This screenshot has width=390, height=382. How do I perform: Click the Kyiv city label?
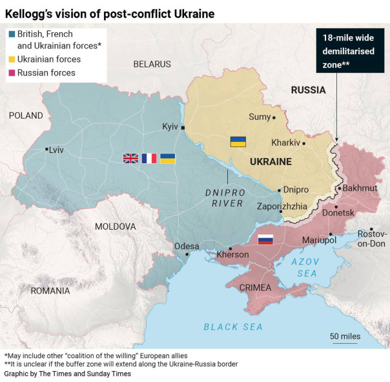coord(170,126)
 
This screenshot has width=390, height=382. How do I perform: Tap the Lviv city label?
coord(56,149)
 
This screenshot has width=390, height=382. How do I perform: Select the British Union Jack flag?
coord(131,158)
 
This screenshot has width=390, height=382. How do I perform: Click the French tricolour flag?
coord(149,158)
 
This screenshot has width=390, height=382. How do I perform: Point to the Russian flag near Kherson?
coord(265,239)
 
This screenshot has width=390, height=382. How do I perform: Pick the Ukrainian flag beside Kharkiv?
coord(238,141)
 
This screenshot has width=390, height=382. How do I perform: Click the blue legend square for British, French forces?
coord(11,34)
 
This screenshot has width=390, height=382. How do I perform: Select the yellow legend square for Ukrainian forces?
coord(11,59)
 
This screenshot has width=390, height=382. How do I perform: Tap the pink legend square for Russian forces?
coord(11,73)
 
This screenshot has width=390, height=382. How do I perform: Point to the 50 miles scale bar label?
coord(345,336)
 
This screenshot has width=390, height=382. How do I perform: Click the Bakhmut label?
coord(360,188)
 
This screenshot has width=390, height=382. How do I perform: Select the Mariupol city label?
coord(320,240)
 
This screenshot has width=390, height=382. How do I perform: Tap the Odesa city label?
coord(187,246)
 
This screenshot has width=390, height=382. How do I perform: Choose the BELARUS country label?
coord(152,64)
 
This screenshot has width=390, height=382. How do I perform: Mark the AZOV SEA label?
coord(305,268)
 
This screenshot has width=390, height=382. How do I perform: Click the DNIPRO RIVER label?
coord(224,197)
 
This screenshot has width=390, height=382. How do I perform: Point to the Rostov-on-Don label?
coord(372,238)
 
